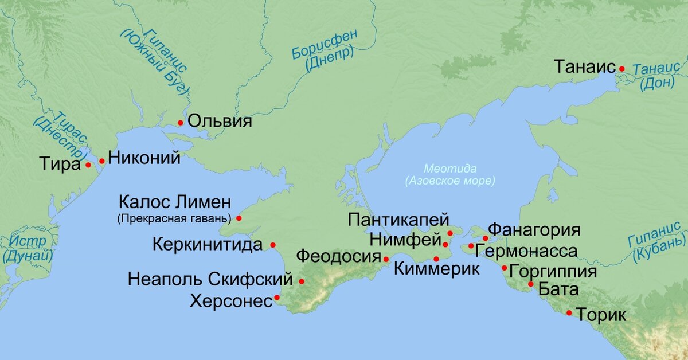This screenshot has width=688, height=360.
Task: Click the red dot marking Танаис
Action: point(621,69)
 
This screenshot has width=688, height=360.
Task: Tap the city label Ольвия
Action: point(220,122)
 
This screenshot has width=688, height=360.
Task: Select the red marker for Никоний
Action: point(102,161)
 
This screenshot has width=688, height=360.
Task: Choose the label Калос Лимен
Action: point(174,202)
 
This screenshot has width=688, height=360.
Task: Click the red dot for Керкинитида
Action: point(273,245)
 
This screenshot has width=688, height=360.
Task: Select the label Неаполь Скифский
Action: point(210,281)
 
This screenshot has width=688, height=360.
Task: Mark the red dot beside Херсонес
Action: point(277,298)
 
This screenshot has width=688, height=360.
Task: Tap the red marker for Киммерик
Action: point(436,259)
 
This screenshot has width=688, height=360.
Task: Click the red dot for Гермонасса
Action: point(471,246)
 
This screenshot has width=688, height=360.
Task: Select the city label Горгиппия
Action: point(553,270)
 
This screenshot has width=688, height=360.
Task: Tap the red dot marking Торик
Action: point(569,312)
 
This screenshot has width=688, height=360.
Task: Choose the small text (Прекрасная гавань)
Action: point(173,218)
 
